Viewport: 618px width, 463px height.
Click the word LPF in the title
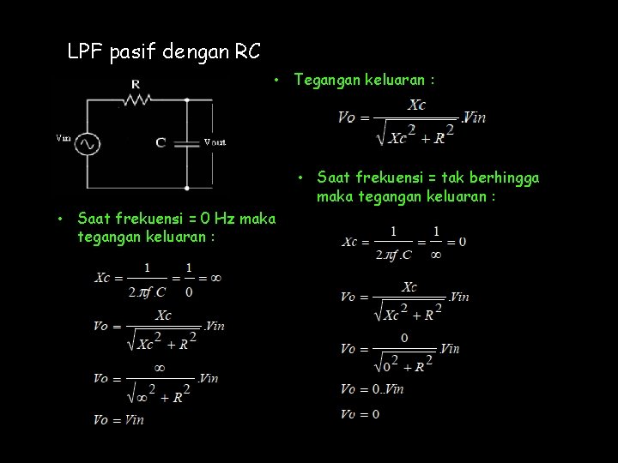[x=85, y=52]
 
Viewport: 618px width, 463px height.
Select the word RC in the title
[x=248, y=52]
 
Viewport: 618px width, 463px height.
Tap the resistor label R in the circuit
[x=136, y=83]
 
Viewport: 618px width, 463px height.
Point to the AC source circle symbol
[x=87, y=144]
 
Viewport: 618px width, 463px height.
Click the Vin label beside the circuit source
[x=64, y=137]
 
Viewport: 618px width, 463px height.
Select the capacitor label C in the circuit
[x=161, y=142]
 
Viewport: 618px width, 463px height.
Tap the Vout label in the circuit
[x=215, y=142]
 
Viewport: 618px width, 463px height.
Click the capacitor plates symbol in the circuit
[x=187, y=143]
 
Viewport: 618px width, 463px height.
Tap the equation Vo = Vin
[x=119, y=419]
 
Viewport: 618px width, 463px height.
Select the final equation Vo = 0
[x=360, y=414]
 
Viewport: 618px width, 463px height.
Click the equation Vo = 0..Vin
[x=372, y=389]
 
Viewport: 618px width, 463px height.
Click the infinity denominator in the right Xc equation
[x=436, y=255]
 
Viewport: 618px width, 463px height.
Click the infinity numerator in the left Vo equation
[x=158, y=367]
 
